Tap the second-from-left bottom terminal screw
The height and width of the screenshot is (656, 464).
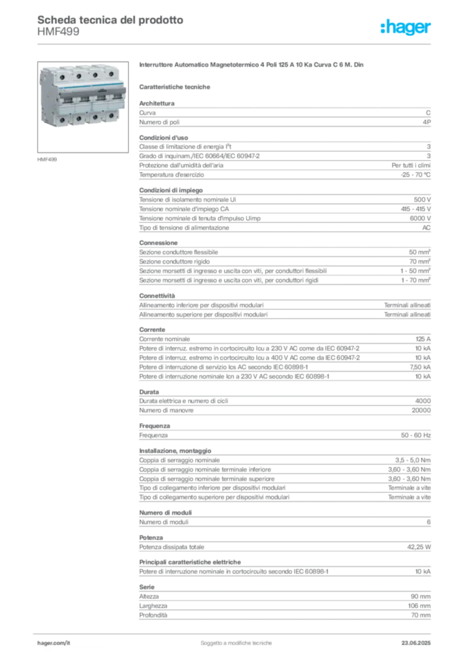tap(79, 119)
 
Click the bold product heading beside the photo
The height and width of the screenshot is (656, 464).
tap(253, 66)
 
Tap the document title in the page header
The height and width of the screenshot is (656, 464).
tap(109, 20)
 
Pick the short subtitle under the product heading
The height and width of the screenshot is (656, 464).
tap(176, 86)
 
